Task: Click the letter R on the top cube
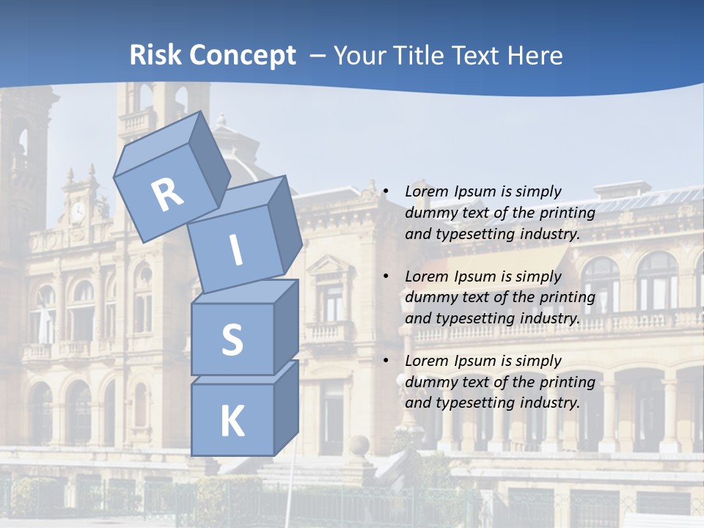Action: (x=167, y=195)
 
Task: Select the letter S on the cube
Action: (x=232, y=340)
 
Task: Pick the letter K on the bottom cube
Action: (x=232, y=422)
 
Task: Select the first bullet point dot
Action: (x=385, y=191)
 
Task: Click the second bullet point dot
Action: (x=385, y=276)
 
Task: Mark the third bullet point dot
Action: (x=385, y=361)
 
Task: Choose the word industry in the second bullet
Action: (x=551, y=318)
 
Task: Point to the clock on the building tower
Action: (x=78, y=213)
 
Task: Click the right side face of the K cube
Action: (x=286, y=407)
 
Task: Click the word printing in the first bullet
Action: (x=568, y=213)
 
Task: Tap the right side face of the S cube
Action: (x=286, y=326)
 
